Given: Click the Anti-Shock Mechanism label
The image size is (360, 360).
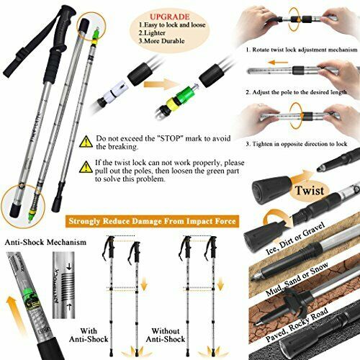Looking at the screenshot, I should pyautogui.click(x=43, y=242).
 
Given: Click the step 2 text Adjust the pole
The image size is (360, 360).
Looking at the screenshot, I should pyautogui.click(x=301, y=92).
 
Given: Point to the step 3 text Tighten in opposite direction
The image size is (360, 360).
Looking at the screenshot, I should pyautogui.click(x=301, y=143).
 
